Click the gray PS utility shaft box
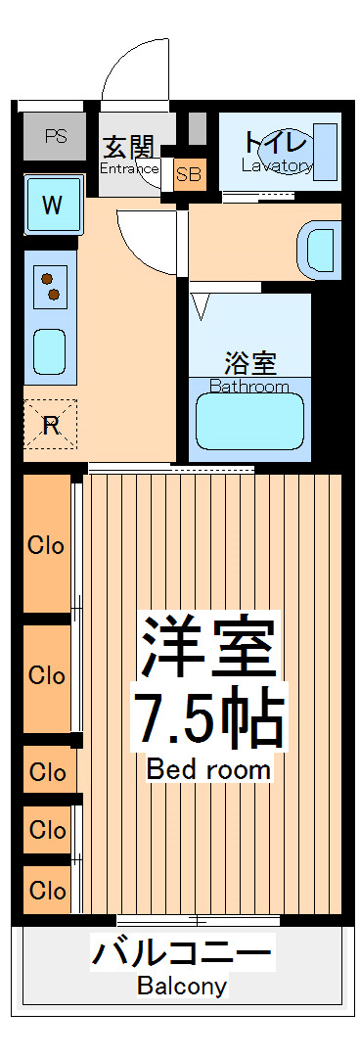[x=55, y=137]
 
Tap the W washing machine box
[x=53, y=205]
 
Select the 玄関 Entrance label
[x=129, y=149]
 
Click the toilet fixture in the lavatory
[x=326, y=152]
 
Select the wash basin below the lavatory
[x=319, y=248]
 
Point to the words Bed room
[x=208, y=769]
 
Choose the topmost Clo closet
[x=47, y=545]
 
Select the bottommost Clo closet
[x=47, y=890]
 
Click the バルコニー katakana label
[x=182, y=952]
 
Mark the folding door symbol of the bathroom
[x=202, y=305]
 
